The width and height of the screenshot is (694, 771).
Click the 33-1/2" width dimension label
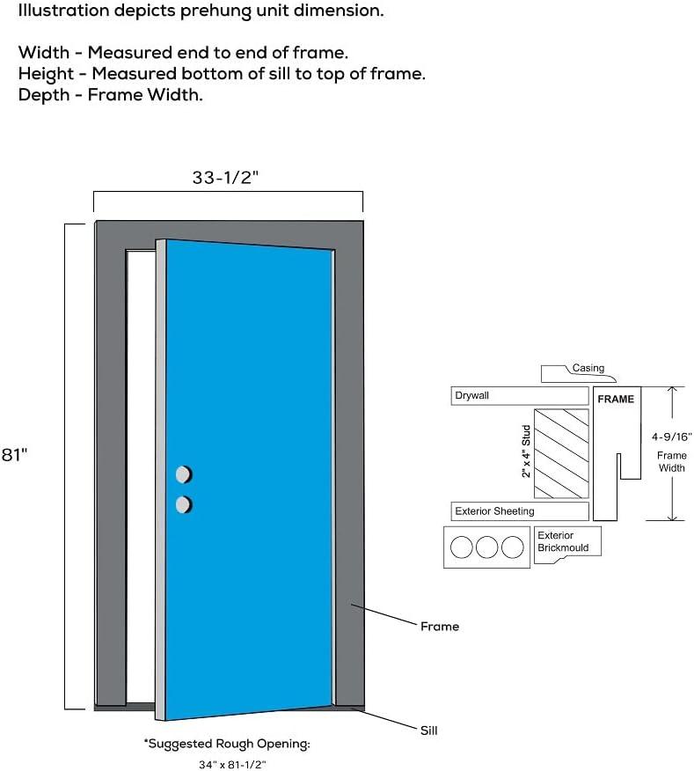point(225,177)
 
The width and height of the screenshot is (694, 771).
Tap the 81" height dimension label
point(13,454)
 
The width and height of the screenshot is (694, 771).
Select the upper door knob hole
point(183,475)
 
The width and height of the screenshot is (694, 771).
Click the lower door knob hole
point(183,504)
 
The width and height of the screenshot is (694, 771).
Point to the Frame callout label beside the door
point(439,627)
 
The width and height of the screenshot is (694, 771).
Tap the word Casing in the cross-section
point(588,368)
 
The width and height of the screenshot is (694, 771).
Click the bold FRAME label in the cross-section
point(616,399)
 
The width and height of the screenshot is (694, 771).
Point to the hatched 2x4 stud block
point(561,453)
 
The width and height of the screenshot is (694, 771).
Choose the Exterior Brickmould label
point(556,541)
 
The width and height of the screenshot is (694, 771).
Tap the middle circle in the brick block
point(487,547)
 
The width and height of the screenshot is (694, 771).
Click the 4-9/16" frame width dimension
point(671,436)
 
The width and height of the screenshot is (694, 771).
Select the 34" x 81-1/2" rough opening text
point(227,764)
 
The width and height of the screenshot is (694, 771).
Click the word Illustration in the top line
point(59,12)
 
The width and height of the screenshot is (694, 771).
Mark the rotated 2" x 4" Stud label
point(526,452)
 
